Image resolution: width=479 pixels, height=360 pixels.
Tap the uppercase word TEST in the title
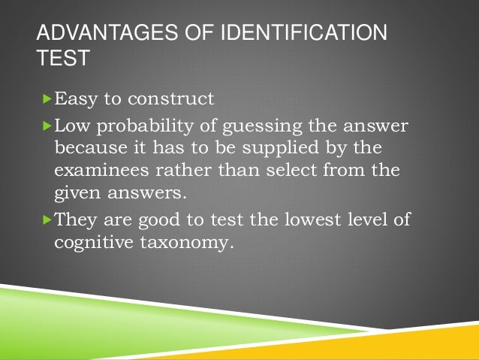click(x=62, y=59)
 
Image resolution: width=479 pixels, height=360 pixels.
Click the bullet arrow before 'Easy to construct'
click(x=49, y=99)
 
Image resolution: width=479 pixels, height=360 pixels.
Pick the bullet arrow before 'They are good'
click(x=49, y=220)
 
